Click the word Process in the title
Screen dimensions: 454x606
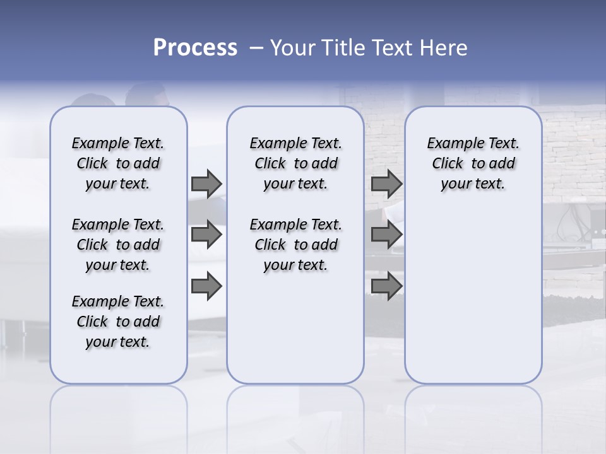coord(195,48)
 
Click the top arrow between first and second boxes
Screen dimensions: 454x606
coord(206,183)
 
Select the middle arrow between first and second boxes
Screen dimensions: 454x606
coord(206,235)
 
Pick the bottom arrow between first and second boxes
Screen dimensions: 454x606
coord(206,287)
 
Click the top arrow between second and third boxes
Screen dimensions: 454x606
coord(386,183)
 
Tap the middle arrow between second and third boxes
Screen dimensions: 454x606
coord(386,235)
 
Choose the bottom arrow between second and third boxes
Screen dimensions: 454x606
coord(386,287)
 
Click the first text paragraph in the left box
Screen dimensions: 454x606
coord(118,163)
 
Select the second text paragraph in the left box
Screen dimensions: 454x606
coord(118,245)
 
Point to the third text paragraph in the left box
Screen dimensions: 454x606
coord(118,322)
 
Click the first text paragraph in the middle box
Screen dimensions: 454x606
coord(295,163)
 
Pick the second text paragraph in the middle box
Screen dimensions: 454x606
coord(295,245)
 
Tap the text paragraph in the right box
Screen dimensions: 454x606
coord(473,163)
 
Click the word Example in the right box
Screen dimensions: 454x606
coord(451,144)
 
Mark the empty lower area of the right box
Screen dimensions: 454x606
coord(473,296)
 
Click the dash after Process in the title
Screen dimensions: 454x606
coord(256,48)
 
